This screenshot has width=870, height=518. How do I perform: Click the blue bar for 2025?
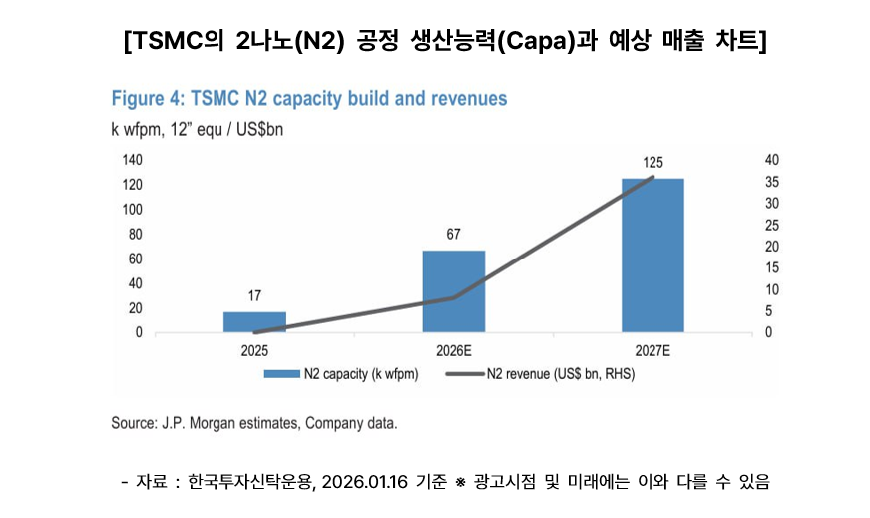coord(254,322)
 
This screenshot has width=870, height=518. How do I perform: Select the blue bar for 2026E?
coord(454,291)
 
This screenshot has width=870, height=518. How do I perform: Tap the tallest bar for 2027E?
coord(652,256)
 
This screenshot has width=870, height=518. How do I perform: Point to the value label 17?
coord(254,296)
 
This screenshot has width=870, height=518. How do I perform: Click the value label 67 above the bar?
coord(454,235)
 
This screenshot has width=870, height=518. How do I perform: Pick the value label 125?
coord(652,162)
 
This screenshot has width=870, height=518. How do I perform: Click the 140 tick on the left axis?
coord(132,160)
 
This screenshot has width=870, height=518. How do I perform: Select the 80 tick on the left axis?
coord(135,234)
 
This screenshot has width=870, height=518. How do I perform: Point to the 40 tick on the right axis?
coord(743,160)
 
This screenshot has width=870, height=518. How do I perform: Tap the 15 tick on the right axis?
coord(743,267)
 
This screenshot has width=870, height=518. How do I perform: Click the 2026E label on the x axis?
coord(454,351)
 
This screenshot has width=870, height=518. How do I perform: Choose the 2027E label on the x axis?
coord(652,351)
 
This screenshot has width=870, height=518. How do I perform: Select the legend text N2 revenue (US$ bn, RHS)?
coord(560,375)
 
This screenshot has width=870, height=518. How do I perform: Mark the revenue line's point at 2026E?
coord(454,297)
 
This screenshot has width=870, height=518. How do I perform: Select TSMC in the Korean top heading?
coord(166,41)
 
